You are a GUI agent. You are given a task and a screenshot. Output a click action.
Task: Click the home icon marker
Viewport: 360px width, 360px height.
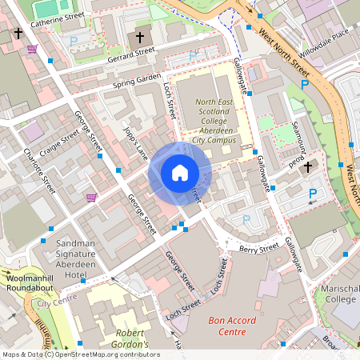tap(180, 173)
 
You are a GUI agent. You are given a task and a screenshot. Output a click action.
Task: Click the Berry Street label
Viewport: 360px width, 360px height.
tap(258, 249)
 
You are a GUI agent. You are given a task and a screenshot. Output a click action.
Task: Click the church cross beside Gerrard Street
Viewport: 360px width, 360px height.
tap(140, 38)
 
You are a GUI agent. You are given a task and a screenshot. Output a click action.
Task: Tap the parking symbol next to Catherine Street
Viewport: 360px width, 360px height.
tap(74, 40)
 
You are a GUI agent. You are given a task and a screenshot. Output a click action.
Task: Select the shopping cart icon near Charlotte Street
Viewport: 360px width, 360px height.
tap(91, 196)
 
